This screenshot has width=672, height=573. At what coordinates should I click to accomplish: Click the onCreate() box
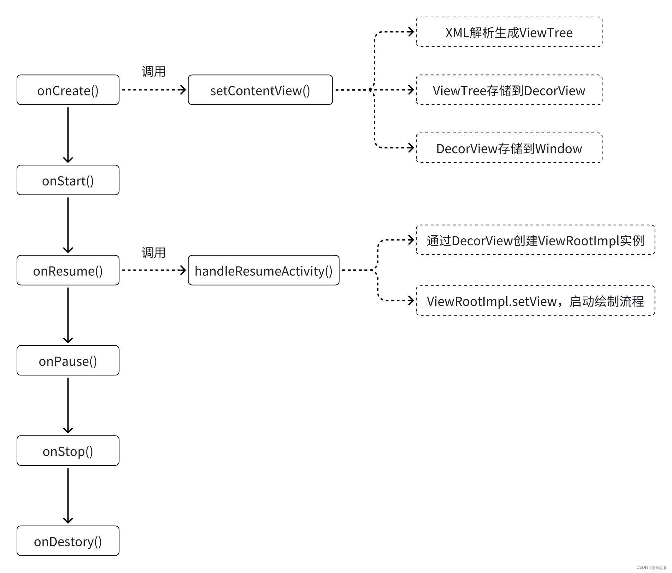click(68, 90)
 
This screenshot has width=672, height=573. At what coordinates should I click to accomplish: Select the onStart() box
click(68, 180)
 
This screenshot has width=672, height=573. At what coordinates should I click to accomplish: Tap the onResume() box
click(68, 271)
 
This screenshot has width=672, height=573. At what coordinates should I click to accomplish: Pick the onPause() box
click(68, 361)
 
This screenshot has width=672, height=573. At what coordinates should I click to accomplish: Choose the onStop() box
click(68, 451)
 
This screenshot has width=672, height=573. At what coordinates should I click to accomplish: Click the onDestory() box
click(68, 541)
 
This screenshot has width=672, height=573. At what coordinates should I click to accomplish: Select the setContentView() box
click(260, 90)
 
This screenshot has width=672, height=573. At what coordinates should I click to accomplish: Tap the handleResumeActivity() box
click(263, 271)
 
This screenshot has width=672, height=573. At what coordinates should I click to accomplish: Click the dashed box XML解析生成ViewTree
click(509, 32)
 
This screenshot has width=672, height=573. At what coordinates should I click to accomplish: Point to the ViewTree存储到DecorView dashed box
click(509, 90)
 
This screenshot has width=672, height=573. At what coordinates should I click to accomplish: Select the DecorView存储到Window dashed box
click(509, 148)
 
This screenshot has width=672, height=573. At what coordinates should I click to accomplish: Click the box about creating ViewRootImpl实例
click(535, 240)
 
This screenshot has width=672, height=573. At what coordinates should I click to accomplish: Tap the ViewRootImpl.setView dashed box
click(535, 301)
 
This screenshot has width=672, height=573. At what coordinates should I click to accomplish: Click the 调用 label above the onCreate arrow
click(153, 72)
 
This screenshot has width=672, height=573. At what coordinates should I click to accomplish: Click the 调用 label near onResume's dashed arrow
click(153, 253)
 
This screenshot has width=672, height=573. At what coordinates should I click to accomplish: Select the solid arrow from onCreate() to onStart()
click(68, 135)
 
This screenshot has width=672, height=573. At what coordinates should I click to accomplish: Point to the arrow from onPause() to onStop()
click(68, 406)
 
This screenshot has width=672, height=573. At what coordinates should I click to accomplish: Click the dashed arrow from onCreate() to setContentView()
click(154, 90)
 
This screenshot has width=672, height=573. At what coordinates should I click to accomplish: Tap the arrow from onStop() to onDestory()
click(68, 495)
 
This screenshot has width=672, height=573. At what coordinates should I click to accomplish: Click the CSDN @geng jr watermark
click(651, 567)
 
